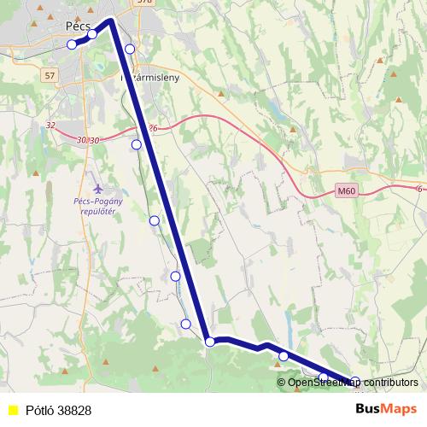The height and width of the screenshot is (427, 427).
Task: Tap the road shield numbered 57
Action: pos(50,76)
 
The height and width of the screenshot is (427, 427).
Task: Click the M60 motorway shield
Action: pos(345,191)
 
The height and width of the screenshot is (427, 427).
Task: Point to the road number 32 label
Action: pos(50,126)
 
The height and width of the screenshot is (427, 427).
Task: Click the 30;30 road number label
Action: pos(88,140)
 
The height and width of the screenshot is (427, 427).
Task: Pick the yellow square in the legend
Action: pos(11,411)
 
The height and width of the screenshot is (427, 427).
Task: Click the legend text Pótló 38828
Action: pos(58,411)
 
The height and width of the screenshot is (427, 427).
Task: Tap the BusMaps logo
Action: pos(386,410)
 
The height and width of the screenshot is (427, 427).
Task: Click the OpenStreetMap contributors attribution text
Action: pos(353,383)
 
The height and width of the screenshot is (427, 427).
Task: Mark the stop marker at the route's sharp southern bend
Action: pos(210,342)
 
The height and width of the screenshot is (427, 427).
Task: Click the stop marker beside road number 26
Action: pos(137,144)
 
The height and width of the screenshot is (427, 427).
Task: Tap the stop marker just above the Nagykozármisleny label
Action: pos(130,49)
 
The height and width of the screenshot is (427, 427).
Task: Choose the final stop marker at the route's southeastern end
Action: pos(355,382)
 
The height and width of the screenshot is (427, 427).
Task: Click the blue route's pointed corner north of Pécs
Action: pos(112,19)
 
